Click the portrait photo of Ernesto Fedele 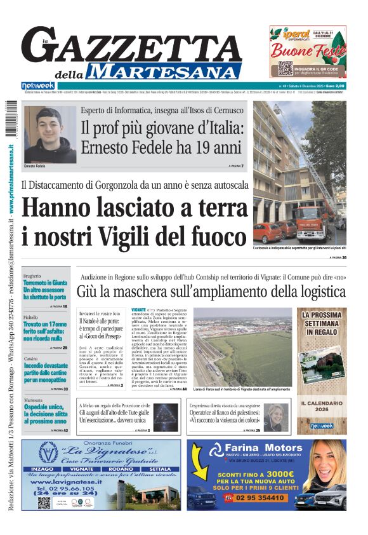pos(49,135)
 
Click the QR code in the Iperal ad pos(285,68)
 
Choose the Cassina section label pos(30,358)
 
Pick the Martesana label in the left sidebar pos(33,400)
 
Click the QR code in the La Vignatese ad pos(44,502)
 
